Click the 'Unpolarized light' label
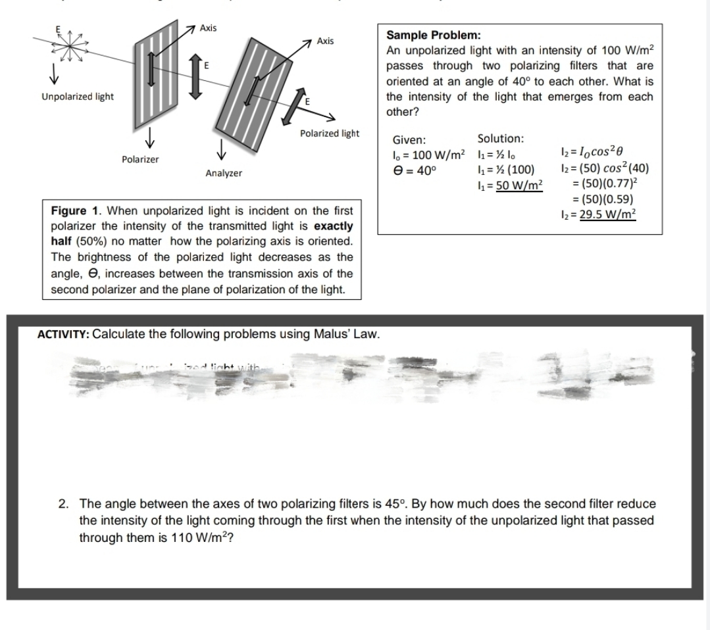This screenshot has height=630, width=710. [78, 97]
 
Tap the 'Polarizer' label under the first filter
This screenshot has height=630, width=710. [140, 160]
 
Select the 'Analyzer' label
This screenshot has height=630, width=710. [223, 173]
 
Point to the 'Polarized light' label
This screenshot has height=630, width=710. [330, 133]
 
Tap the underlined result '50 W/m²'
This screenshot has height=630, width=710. [519, 185]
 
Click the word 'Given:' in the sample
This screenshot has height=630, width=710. [409, 140]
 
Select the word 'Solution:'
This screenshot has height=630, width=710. [501, 139]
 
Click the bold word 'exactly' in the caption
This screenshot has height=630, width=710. [332, 226]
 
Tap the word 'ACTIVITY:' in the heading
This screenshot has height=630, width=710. [63, 333]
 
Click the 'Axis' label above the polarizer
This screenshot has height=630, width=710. [209, 28]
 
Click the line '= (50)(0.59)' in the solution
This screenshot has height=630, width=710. [605, 200]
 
